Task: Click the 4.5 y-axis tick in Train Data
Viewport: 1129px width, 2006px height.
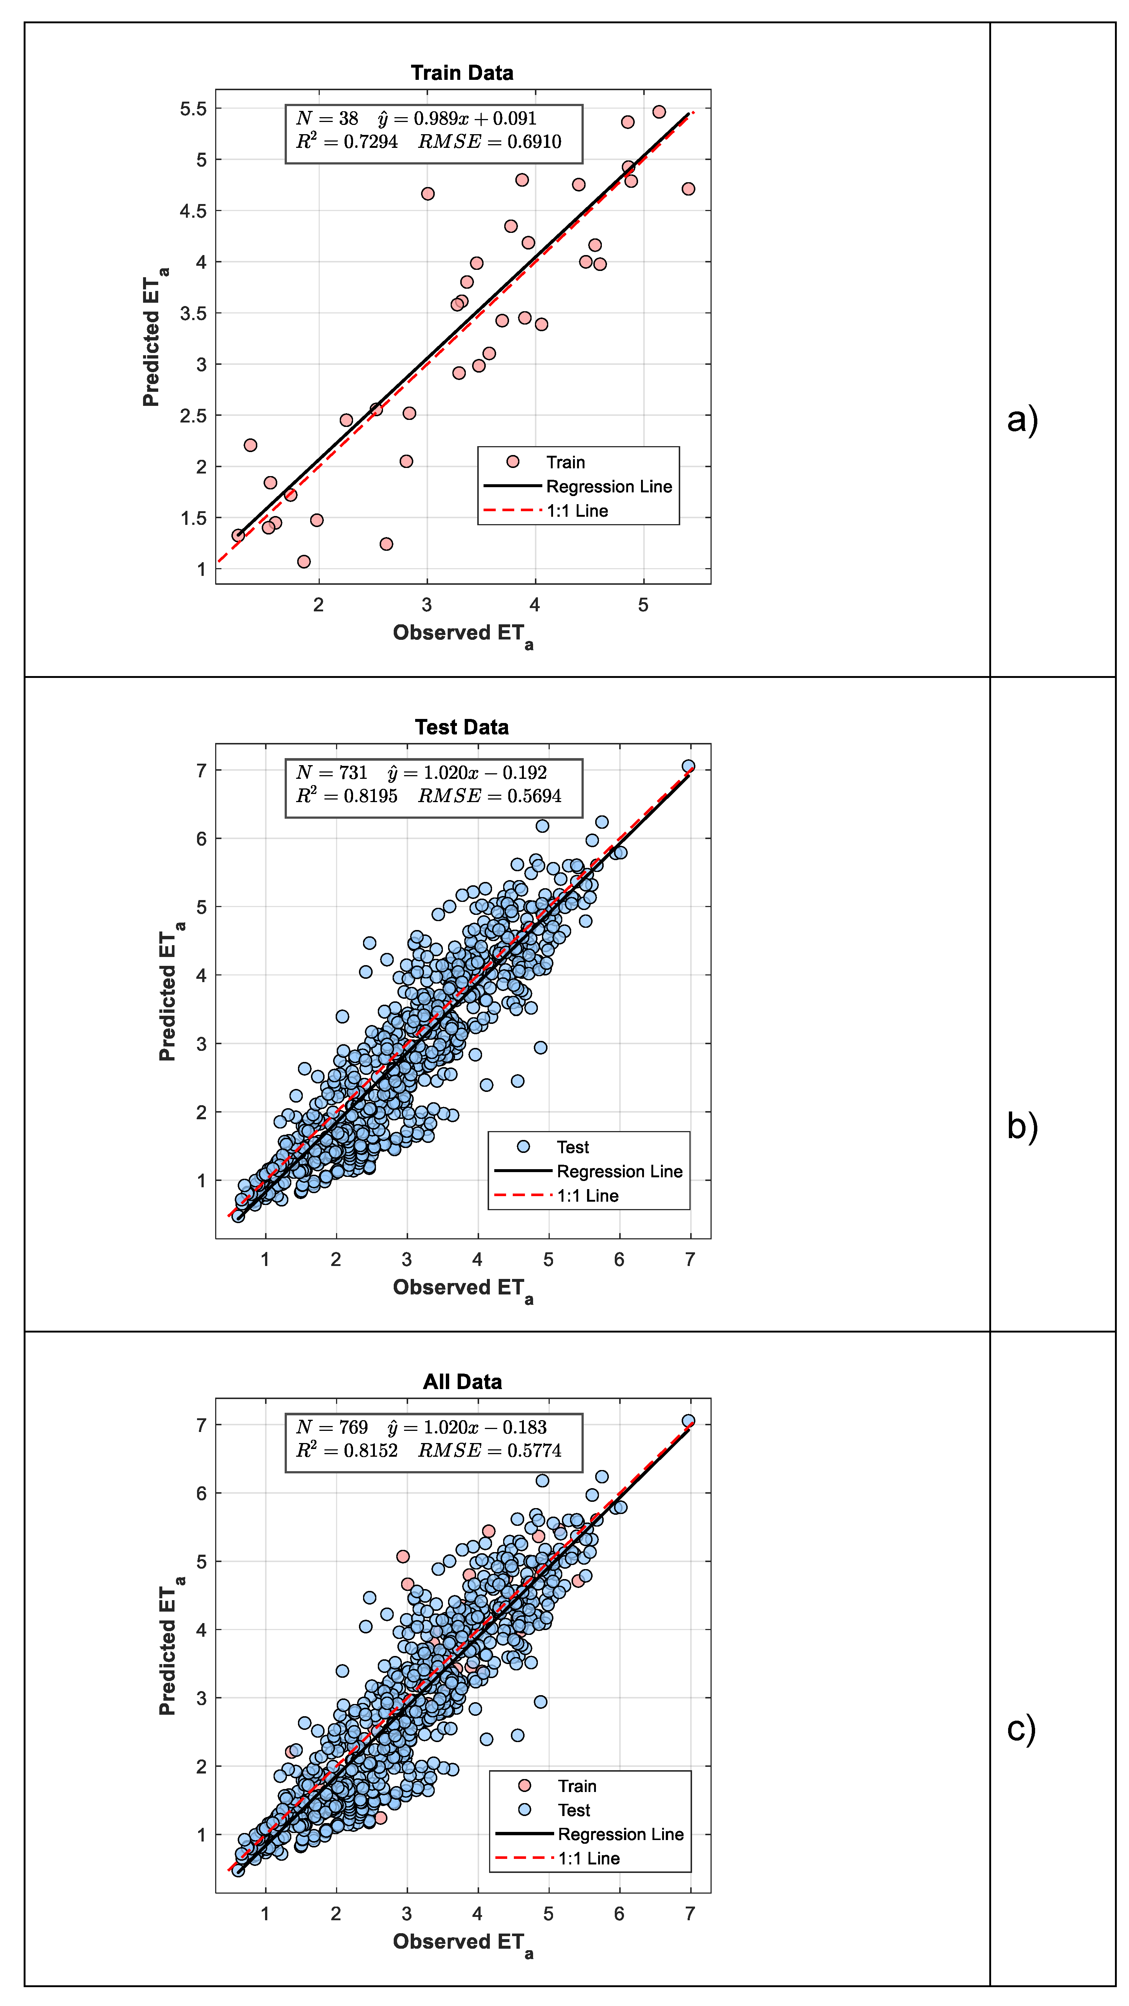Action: [x=194, y=211]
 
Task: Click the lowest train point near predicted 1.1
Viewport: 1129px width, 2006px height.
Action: [x=304, y=561]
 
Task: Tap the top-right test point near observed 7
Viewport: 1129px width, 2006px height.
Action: [x=688, y=766]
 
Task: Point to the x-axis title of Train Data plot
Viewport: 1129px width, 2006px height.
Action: [x=462, y=635]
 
